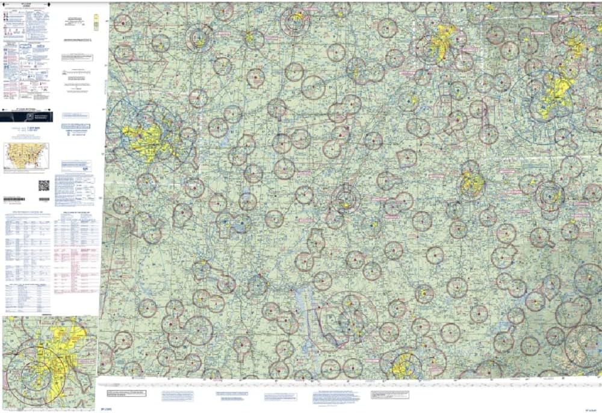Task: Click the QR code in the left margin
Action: (44, 185)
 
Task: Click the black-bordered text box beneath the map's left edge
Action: (126, 394)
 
